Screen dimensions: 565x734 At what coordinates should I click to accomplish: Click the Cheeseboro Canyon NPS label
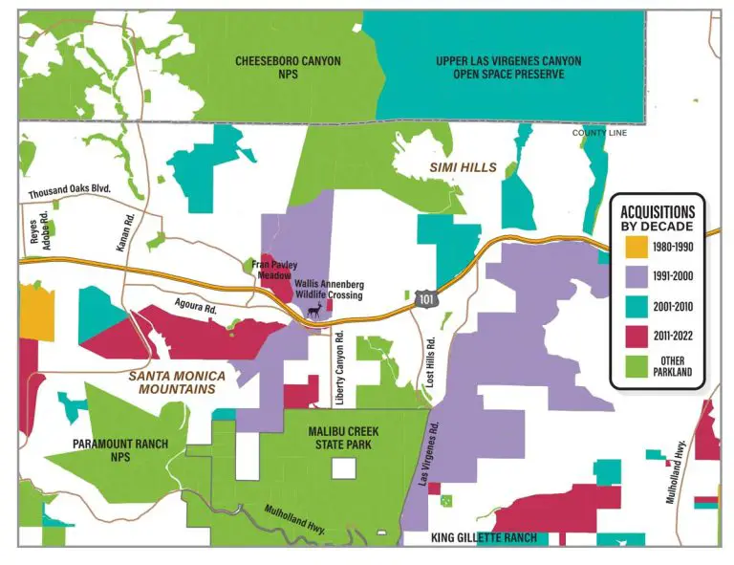coord(288,67)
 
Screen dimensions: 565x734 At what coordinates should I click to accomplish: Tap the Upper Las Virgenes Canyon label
coord(507,67)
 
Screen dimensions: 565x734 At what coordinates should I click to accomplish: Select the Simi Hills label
coord(463,167)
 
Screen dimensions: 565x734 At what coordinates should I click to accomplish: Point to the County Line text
coord(599,133)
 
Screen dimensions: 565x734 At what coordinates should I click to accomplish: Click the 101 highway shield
coord(427,300)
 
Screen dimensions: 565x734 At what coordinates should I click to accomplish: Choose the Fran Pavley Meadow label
coord(274,270)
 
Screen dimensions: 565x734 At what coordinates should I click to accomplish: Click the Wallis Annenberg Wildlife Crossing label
coord(328,290)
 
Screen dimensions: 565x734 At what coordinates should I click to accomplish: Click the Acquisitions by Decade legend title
coord(658,218)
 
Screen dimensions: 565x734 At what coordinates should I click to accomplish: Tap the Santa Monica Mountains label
coord(172,382)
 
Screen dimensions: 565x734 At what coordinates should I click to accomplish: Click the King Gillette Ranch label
coord(484,537)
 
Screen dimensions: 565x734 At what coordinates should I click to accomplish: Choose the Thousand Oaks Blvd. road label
coord(70,189)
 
